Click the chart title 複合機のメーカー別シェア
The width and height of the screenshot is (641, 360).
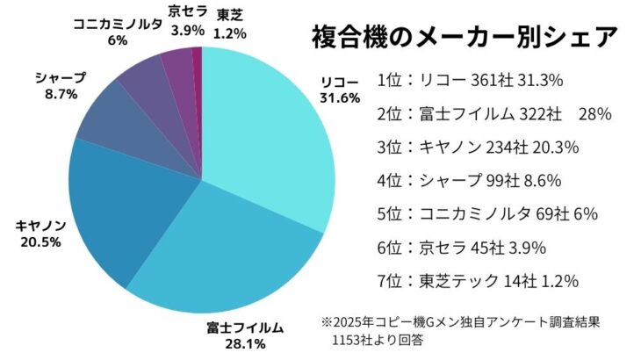(x=465, y=39)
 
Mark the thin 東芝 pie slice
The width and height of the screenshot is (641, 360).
(x=198, y=61)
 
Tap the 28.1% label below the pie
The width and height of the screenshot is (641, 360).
(x=245, y=343)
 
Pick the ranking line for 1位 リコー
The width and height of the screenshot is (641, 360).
(x=470, y=80)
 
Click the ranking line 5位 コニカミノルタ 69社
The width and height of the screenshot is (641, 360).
(x=474, y=213)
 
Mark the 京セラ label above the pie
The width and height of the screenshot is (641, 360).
(x=187, y=14)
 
